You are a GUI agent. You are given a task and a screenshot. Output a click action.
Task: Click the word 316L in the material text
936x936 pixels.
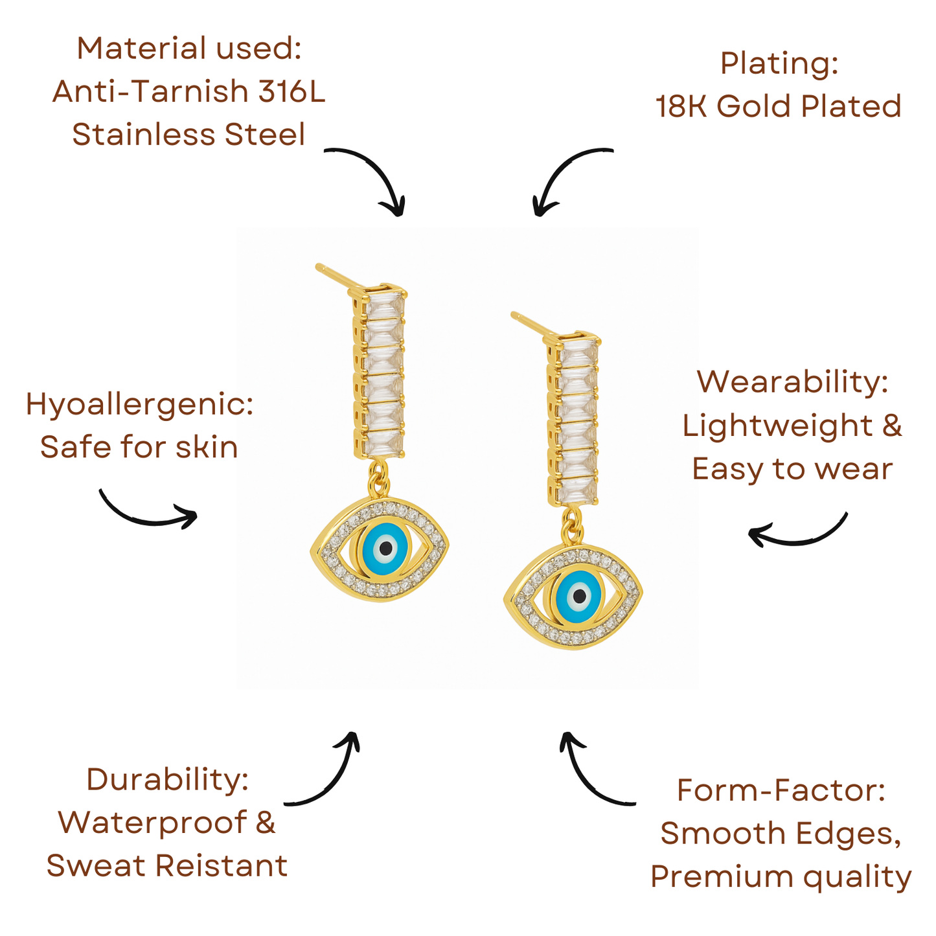(x=291, y=92)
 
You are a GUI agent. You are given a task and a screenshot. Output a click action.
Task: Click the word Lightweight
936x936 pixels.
(x=777, y=426)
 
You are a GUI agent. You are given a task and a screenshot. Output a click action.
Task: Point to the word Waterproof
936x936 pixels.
(x=152, y=823)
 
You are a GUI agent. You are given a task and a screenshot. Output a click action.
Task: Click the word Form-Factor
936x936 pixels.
(x=781, y=791)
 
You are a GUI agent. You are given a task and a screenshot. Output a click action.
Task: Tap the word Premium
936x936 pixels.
(x=721, y=878)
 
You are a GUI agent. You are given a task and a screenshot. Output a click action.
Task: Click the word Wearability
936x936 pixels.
(x=792, y=382)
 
